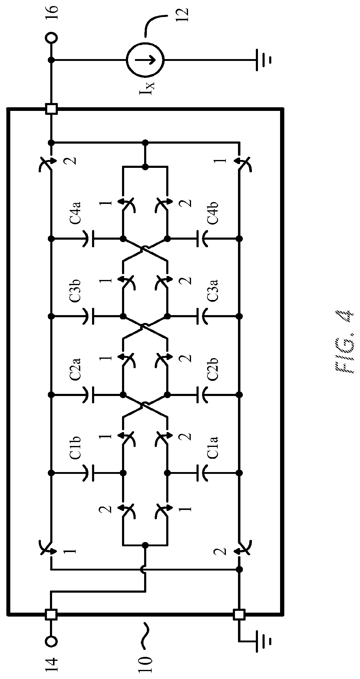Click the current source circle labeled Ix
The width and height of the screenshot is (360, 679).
pyautogui.click(x=145, y=60)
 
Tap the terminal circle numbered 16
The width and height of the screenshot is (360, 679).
pyautogui.click(x=51, y=38)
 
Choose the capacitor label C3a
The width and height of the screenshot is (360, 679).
pyautogui.click(x=213, y=291)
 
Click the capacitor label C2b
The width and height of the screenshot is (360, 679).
pyautogui.click(x=213, y=369)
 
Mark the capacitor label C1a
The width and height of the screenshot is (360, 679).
pyautogui.click(x=213, y=447)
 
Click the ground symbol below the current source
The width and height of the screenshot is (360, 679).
pyautogui.click(x=262, y=60)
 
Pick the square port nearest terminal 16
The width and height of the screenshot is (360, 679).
pyautogui.click(x=51, y=109)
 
